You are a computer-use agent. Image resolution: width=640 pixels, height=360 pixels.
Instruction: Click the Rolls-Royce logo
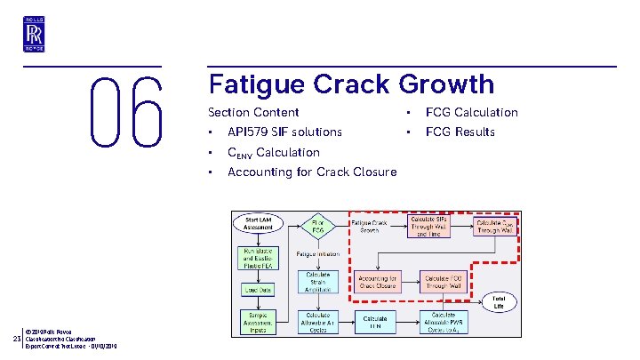35,33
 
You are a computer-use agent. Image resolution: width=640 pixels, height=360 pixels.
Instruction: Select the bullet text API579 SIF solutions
284,132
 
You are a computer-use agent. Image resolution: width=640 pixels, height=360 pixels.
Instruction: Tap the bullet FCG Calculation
471,112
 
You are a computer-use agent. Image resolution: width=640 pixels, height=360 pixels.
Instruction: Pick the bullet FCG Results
460,132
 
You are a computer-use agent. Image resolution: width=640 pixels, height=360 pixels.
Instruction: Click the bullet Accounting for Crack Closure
312,172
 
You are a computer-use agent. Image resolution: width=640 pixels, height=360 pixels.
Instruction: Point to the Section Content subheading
253,112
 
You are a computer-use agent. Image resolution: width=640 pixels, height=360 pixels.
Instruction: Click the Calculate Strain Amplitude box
317,281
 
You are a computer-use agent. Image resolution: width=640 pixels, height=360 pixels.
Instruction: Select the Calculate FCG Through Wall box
443,280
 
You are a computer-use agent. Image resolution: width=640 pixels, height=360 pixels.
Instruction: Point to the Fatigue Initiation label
318,254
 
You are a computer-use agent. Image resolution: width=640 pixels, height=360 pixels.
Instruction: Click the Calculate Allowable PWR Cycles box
443,321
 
